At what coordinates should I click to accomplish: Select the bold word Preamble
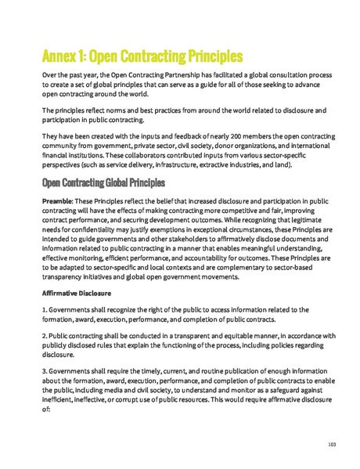(x=57, y=200)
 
